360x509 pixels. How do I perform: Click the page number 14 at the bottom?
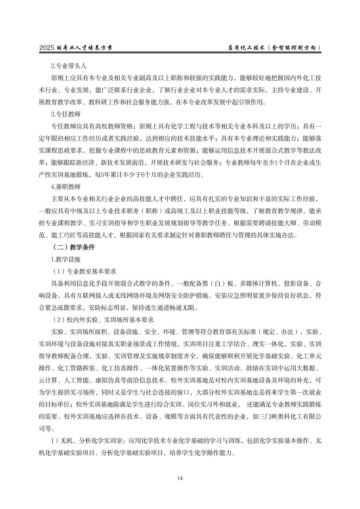180,478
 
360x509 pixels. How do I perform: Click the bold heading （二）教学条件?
73,247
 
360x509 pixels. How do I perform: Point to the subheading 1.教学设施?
66,259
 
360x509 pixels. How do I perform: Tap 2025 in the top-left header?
47,48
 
